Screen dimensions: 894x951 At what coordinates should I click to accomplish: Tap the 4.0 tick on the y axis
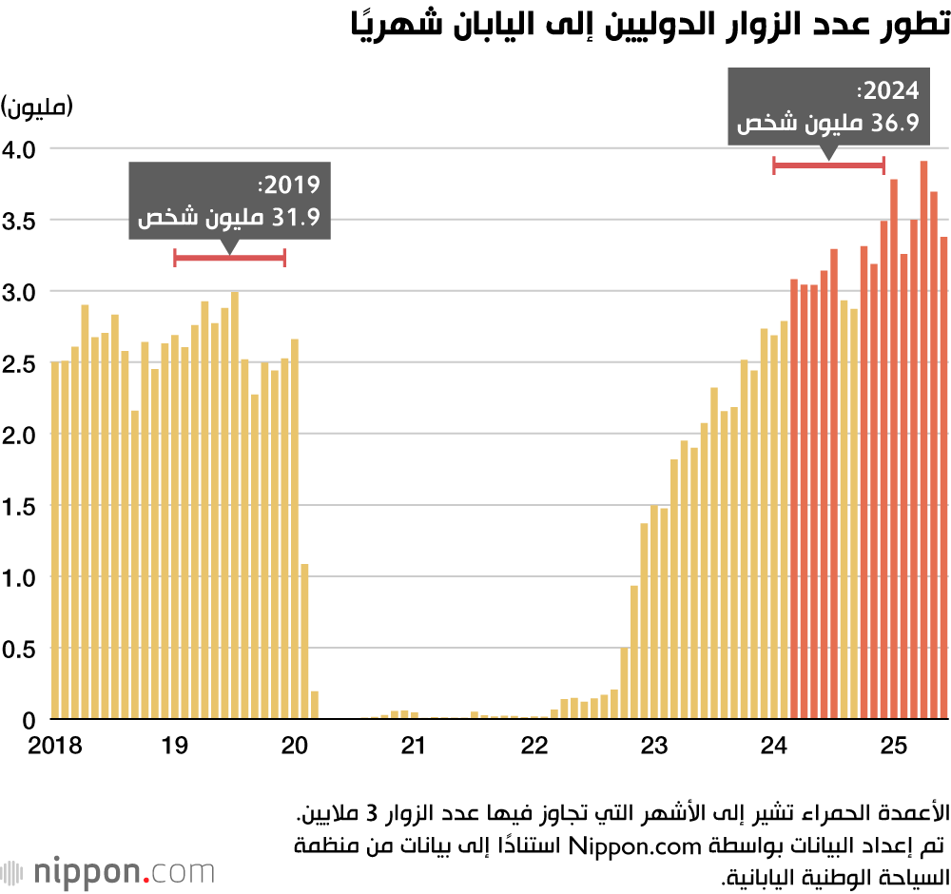click(x=21, y=149)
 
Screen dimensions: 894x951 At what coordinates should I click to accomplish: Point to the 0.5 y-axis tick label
click(x=21, y=649)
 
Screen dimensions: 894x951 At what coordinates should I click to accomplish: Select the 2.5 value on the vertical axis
click(x=21, y=363)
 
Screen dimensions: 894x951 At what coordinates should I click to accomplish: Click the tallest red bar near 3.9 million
click(x=923, y=437)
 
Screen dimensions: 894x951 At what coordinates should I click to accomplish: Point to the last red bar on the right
click(x=944, y=476)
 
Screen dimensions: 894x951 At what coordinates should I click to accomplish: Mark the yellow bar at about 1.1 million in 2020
click(x=304, y=642)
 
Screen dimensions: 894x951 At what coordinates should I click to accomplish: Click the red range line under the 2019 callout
click(x=229, y=258)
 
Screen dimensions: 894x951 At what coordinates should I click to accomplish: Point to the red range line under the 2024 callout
click(x=828, y=165)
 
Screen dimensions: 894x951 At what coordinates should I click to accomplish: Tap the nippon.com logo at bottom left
click(x=108, y=871)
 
